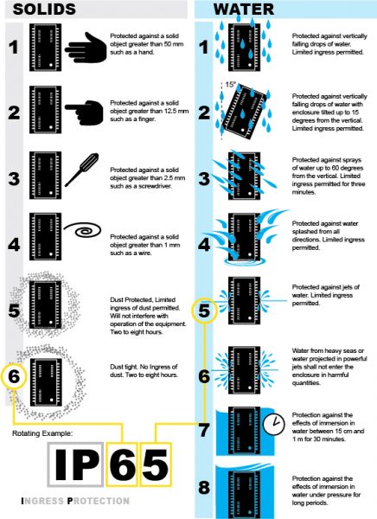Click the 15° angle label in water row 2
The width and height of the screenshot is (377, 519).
229,85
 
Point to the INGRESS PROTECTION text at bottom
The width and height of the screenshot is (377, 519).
74,501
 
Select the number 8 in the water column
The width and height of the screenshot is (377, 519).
205,486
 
